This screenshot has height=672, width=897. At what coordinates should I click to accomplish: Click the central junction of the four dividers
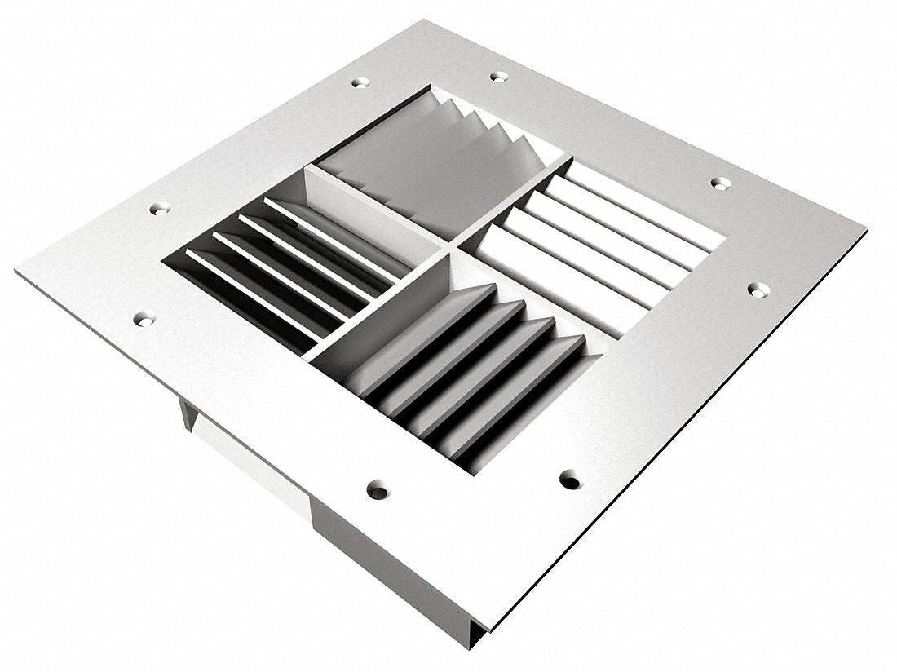(x=448, y=245)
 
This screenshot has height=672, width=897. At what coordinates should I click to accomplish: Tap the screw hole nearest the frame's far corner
(x=360, y=82)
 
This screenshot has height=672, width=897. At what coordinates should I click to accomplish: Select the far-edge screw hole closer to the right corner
(x=498, y=77)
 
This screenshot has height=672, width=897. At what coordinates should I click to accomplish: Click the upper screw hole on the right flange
(x=719, y=183)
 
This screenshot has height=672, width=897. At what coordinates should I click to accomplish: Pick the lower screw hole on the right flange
(x=758, y=288)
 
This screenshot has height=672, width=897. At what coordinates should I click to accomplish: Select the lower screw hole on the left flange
(x=144, y=319)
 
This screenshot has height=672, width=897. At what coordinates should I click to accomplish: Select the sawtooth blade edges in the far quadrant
(x=489, y=122)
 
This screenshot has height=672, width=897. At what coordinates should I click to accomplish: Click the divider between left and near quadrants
(x=375, y=306)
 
